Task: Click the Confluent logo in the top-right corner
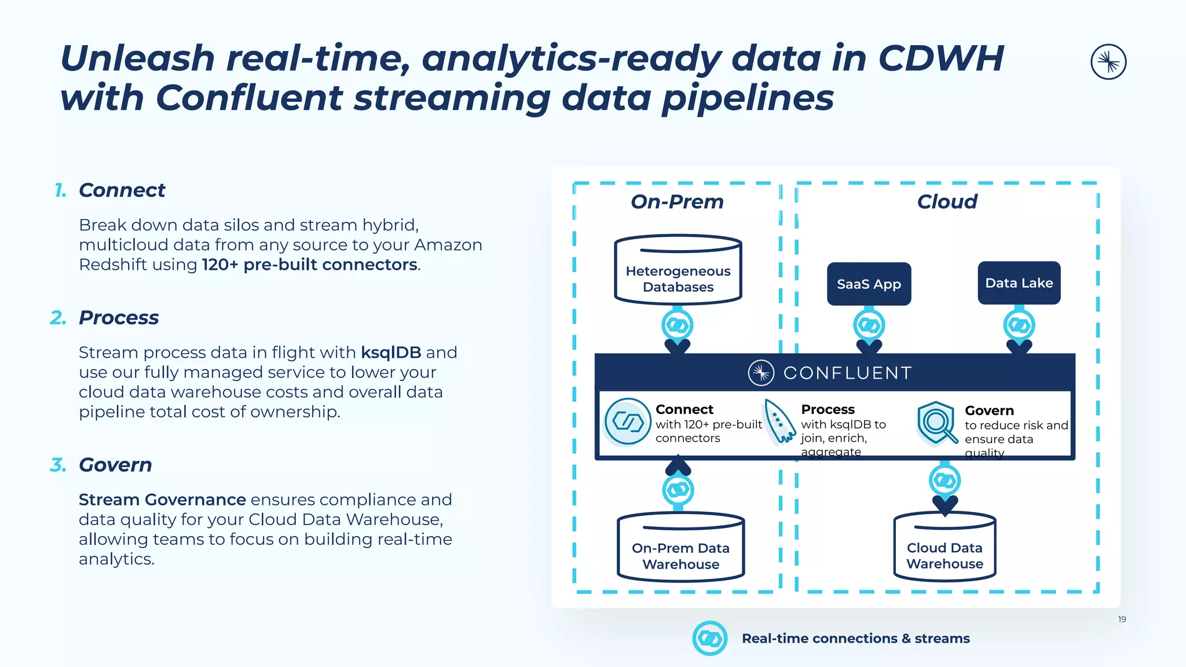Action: [x=1108, y=62]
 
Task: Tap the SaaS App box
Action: [x=869, y=284]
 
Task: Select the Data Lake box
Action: [x=1019, y=283]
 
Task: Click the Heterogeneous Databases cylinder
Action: [x=678, y=272]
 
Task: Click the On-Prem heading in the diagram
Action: [x=677, y=201]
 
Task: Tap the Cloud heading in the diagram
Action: [x=947, y=201]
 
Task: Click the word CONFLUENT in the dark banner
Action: [x=847, y=373]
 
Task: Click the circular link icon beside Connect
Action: [x=628, y=422]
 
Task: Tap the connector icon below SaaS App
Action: [x=869, y=325]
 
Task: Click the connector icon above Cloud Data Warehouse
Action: [x=945, y=480]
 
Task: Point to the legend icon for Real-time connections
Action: [x=709, y=638]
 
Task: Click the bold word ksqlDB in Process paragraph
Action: [x=391, y=352]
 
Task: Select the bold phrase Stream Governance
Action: [x=162, y=499]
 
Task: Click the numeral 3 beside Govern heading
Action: [x=58, y=464]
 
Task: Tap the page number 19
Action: [x=1122, y=620]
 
